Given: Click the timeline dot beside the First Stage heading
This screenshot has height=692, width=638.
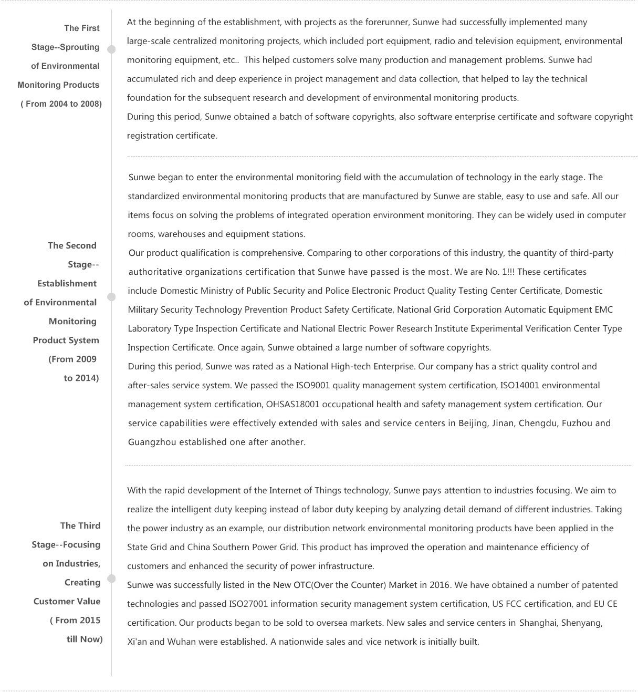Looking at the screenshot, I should [111, 49].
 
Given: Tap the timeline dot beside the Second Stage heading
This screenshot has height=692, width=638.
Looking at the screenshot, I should [111, 297].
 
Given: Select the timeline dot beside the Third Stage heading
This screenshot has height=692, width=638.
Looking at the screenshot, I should [111, 579].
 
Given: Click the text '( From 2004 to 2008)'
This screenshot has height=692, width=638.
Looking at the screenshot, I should [61, 104].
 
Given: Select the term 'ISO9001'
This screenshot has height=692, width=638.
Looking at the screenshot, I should [299, 386].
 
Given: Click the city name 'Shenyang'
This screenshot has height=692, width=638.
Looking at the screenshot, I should [581, 623].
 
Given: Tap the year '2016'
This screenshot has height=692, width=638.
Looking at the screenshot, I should [440, 585].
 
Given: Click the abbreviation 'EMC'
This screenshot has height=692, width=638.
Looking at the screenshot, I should [603, 310].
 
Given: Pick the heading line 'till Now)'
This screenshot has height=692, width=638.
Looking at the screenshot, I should [85, 639].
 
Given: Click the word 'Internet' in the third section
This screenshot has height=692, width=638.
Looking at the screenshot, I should [286, 491].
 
